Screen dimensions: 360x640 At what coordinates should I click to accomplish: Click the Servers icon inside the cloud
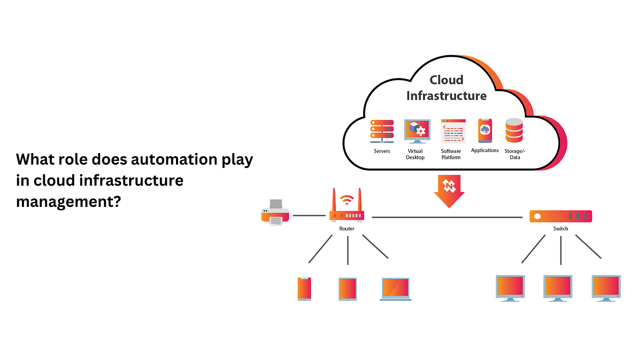pyautogui.click(x=382, y=131)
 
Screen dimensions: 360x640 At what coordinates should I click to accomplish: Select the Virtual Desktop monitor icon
pyautogui.click(x=415, y=132)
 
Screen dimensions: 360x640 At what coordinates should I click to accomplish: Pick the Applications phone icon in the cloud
pyautogui.click(x=485, y=131)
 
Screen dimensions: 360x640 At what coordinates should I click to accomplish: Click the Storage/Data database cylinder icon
pyautogui.click(x=514, y=131)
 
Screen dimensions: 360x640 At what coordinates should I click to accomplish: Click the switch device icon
pyautogui.click(x=561, y=216)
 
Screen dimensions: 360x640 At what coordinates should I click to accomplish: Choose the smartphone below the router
pyautogui.click(x=304, y=289)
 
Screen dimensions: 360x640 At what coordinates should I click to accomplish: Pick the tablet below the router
pyautogui.click(x=347, y=289)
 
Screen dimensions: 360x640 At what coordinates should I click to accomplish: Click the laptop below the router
pyautogui.click(x=395, y=289)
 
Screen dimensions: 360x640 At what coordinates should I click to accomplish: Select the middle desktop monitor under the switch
pyautogui.click(x=558, y=288)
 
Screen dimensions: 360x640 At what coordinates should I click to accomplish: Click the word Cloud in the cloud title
pyautogui.click(x=446, y=80)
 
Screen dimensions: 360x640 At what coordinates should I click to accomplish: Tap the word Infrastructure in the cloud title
pyautogui.click(x=446, y=96)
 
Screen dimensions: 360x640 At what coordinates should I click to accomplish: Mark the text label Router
pyautogui.click(x=347, y=229)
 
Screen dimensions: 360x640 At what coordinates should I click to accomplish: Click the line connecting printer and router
pyautogui.click(x=309, y=215)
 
